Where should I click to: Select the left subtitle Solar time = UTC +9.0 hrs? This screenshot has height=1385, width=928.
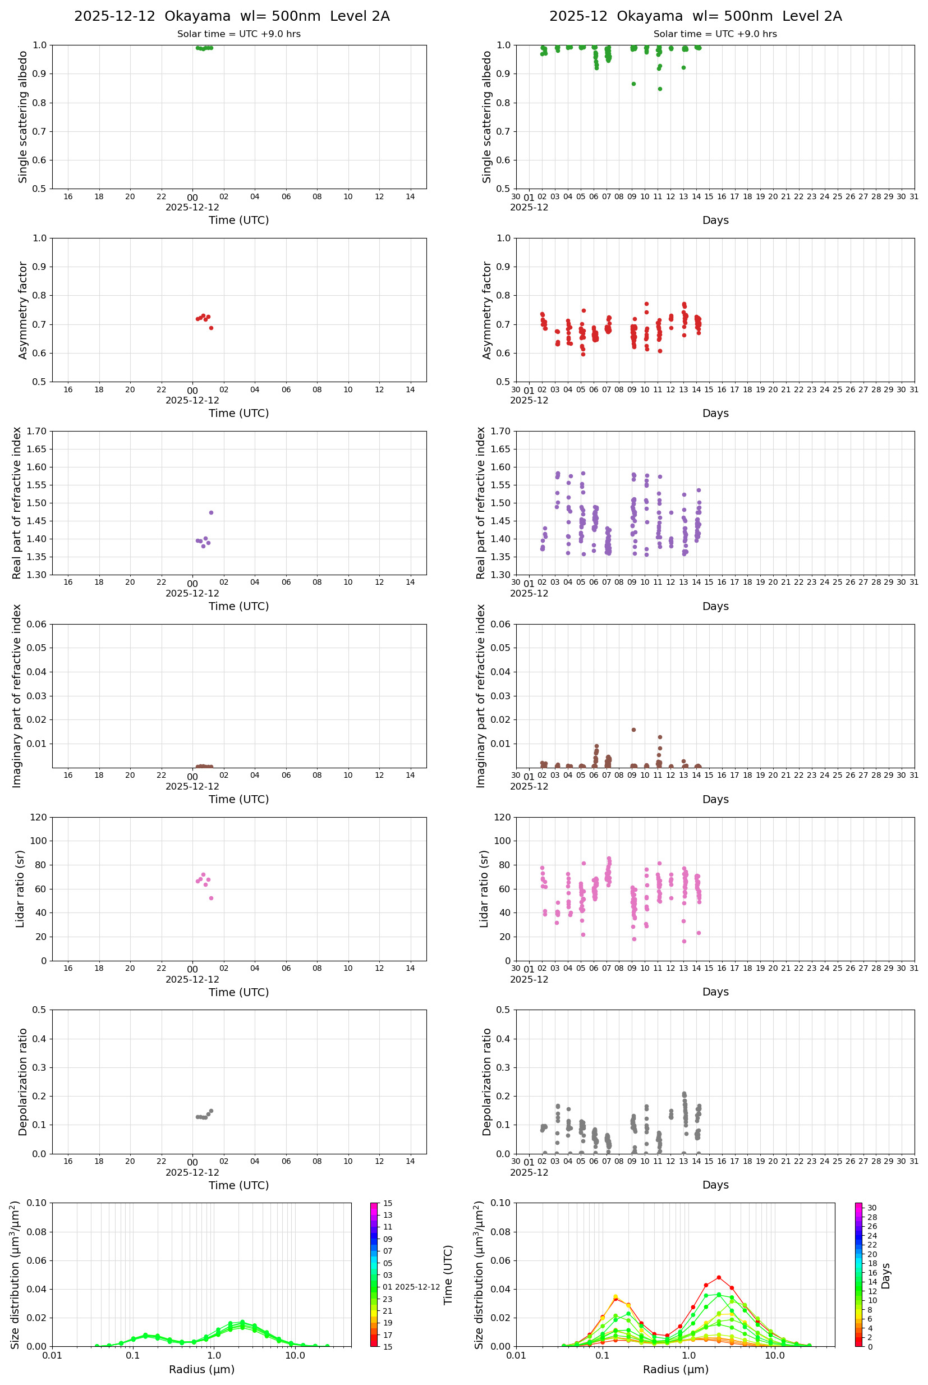pyautogui.click(x=238, y=34)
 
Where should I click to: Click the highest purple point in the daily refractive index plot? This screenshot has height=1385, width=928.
pyautogui.click(x=212, y=512)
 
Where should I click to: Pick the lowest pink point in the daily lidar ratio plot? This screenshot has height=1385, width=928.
pyautogui.click(x=212, y=898)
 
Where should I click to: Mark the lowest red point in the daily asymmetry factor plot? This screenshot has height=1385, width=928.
pyautogui.click(x=212, y=328)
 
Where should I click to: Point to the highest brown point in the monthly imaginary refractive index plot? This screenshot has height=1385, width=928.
pyautogui.click(x=633, y=730)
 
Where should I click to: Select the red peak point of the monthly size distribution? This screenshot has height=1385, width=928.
pyautogui.click(x=719, y=1277)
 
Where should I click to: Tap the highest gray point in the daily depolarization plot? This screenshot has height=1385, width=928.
pyautogui.click(x=212, y=1111)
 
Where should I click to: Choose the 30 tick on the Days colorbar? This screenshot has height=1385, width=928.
pyautogui.click(x=872, y=1208)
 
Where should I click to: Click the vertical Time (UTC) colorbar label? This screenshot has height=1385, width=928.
pyautogui.click(x=448, y=1274)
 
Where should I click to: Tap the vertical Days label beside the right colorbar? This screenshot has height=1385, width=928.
pyautogui.click(x=885, y=1276)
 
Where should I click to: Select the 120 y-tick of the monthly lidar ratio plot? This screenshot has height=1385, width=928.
pyautogui.click(x=502, y=818)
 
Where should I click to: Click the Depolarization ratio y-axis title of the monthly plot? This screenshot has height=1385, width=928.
pyautogui.click(x=487, y=1082)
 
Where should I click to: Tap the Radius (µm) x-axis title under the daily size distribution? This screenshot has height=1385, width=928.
pyautogui.click(x=202, y=1369)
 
